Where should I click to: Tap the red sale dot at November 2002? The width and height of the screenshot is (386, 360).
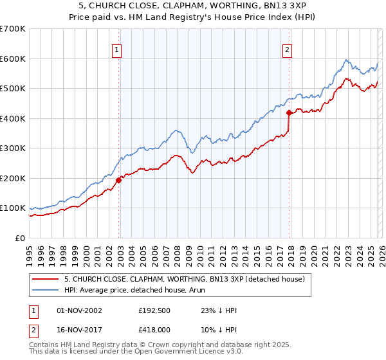click(x=119, y=181)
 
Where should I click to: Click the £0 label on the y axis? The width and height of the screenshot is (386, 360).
click(x=19, y=239)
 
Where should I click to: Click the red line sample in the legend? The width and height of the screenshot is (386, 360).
click(x=46, y=279)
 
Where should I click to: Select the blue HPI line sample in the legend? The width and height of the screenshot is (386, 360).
click(x=46, y=290)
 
